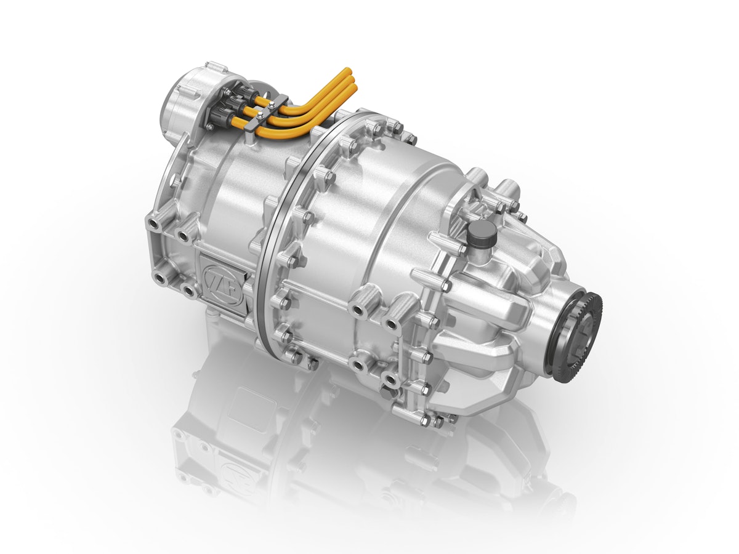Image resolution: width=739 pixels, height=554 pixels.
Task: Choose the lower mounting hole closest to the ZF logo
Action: click(x=187, y=289)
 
